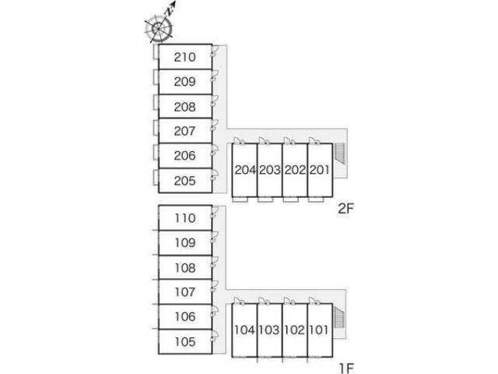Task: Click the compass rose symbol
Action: click(x=159, y=29)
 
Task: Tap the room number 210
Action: click(x=185, y=57)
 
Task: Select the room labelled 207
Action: click(x=185, y=131)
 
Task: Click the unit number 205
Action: click(x=185, y=181)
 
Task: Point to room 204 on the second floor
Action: click(x=245, y=170)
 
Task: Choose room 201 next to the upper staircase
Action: click(x=320, y=170)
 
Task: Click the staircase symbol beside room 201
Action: click(x=341, y=153)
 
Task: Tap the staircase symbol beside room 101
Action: click(x=339, y=318)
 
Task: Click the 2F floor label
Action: click(x=345, y=209)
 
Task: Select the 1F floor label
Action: click(x=346, y=369)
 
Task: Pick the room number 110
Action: click(x=185, y=218)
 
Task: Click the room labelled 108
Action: click(x=185, y=268)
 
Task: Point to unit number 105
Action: click(x=185, y=342)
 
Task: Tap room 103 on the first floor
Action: click(x=269, y=330)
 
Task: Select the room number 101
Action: click(x=319, y=330)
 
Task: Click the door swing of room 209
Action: click(x=215, y=76)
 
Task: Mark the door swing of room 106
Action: click(x=215, y=311)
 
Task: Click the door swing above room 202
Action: click(x=289, y=141)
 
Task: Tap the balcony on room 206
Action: click(x=156, y=152)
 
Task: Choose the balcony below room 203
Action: click(x=265, y=199)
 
